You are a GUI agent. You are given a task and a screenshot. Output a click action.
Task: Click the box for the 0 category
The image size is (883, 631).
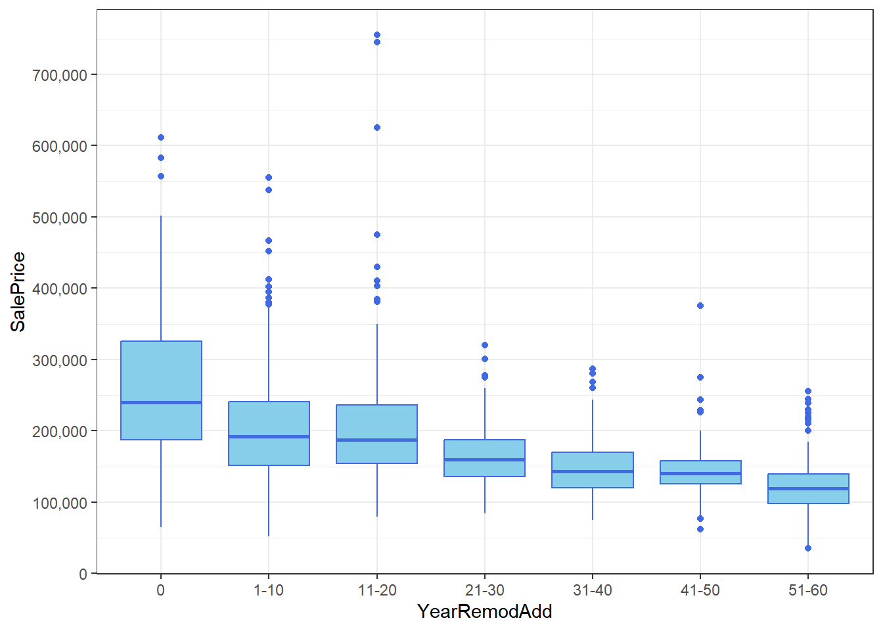(161, 390)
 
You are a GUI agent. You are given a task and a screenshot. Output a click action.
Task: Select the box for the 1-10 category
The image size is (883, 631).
(269, 433)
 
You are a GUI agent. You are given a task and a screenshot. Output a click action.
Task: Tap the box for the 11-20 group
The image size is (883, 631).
(376, 434)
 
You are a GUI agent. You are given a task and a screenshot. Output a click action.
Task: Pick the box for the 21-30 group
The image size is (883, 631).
(485, 457)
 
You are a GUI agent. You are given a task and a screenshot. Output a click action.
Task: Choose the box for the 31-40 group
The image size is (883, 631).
(593, 469)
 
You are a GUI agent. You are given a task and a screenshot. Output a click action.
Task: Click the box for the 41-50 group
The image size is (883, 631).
(700, 472)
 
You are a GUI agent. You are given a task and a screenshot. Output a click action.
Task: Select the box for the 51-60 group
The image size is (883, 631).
(808, 488)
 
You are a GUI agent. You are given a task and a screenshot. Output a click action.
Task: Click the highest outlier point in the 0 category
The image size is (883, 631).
(161, 137)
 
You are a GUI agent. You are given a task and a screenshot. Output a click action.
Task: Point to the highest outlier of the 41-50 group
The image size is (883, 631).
(700, 306)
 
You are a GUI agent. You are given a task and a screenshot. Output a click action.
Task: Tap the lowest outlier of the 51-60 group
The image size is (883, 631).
(808, 548)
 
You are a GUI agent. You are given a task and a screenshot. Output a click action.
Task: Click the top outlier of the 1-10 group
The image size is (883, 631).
(269, 177)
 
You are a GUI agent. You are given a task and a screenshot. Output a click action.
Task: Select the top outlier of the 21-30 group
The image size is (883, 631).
(485, 345)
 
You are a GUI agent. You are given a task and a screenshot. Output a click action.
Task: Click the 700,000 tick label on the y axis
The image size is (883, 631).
(60, 75)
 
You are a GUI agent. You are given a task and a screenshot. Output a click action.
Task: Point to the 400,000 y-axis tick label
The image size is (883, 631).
(60, 289)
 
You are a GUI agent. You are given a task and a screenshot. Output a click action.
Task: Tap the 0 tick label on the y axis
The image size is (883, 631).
(83, 574)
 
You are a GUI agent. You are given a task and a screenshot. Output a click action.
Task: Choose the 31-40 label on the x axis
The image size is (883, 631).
(593, 590)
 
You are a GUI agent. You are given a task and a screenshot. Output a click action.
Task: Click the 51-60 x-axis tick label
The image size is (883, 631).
(808, 590)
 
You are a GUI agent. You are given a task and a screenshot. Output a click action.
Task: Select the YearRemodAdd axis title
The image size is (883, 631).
(485, 612)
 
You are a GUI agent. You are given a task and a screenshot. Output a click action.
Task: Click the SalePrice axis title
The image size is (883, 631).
(18, 292)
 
